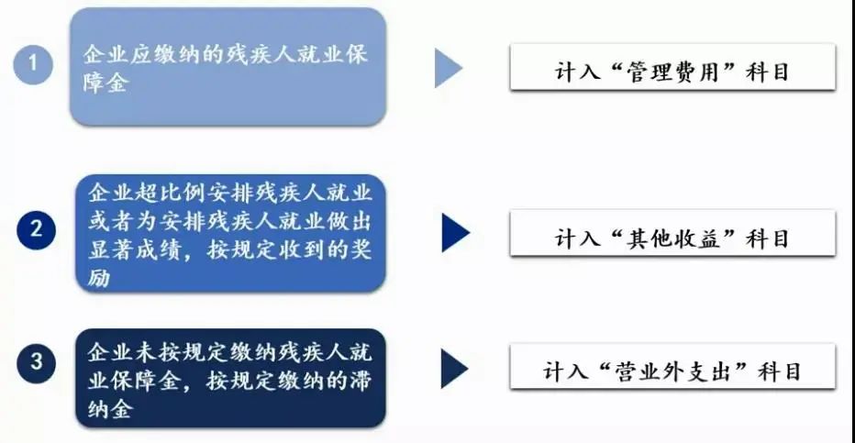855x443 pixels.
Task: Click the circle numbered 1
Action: [33, 64]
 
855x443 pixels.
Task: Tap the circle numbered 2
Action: [36, 229]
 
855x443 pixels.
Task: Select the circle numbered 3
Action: [36, 362]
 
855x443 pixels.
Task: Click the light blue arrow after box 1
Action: [449, 68]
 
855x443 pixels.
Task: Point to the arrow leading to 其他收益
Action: [456, 233]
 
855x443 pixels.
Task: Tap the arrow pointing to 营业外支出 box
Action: [455, 369]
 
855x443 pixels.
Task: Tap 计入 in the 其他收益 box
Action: [577, 238]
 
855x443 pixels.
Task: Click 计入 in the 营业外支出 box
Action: [565, 371]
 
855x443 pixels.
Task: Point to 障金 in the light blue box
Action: [106, 83]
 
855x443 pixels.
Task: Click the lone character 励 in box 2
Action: [99, 278]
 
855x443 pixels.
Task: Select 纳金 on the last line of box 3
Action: [110, 409]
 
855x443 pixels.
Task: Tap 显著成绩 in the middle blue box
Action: [135, 249]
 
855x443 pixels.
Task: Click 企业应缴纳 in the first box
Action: [142, 54]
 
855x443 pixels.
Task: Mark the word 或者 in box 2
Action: [111, 221]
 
